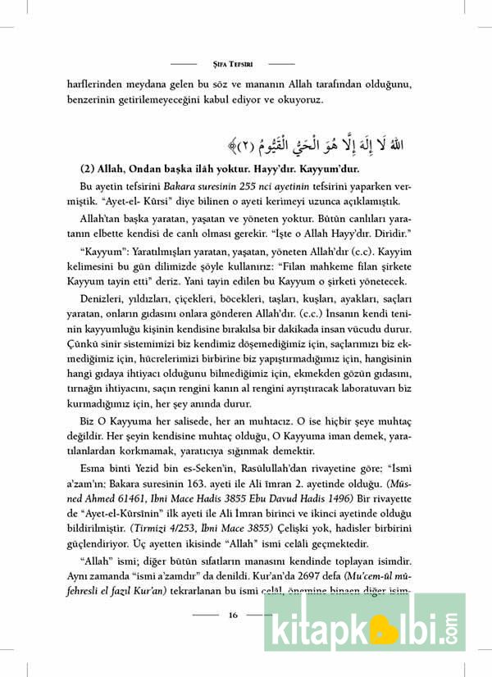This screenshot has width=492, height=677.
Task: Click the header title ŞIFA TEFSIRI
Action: (234, 63)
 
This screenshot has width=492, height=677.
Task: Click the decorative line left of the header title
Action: (184, 63)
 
